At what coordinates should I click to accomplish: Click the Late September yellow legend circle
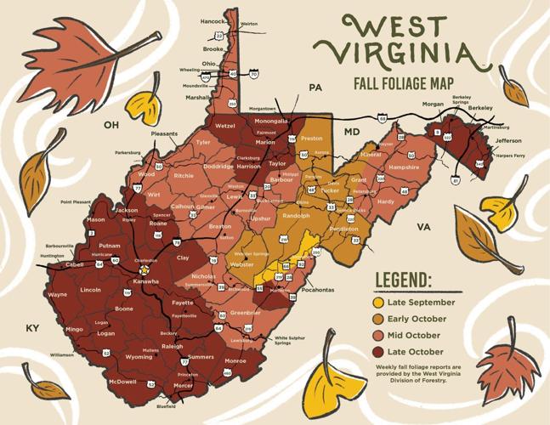click(379, 303)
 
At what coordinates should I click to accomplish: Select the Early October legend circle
click(379, 319)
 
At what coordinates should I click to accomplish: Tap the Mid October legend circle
click(379, 336)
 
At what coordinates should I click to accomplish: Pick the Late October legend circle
click(379, 352)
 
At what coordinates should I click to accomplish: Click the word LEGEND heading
click(403, 281)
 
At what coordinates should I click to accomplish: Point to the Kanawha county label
click(145, 281)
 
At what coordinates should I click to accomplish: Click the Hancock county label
click(213, 21)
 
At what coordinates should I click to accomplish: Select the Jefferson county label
click(508, 140)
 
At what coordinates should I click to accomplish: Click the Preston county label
click(312, 138)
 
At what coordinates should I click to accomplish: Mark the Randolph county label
click(296, 216)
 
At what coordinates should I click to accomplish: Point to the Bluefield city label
click(166, 406)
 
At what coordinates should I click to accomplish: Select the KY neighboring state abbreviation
click(33, 328)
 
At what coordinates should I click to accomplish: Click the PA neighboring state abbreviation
click(315, 88)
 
